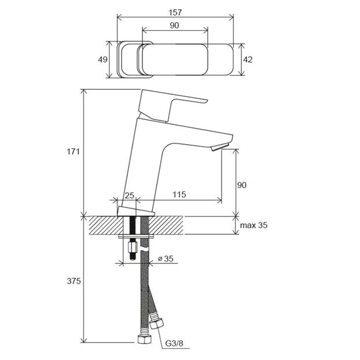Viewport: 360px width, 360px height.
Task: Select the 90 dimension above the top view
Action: tap(174, 25)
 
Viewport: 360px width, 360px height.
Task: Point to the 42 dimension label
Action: tap(248, 58)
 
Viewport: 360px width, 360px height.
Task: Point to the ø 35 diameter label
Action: tap(166, 259)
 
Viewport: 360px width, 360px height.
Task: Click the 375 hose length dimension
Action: tap(72, 281)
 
